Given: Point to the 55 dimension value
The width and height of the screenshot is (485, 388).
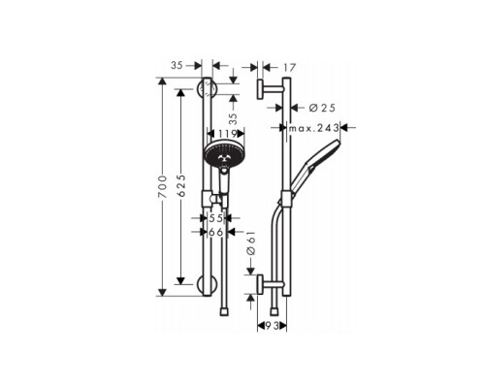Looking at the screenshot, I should point(216,219).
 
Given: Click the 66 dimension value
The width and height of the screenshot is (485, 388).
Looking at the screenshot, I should point(216,233).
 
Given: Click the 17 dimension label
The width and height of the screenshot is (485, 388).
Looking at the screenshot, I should point(288,68).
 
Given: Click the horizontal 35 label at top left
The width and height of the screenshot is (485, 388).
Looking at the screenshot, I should point(176,67).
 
